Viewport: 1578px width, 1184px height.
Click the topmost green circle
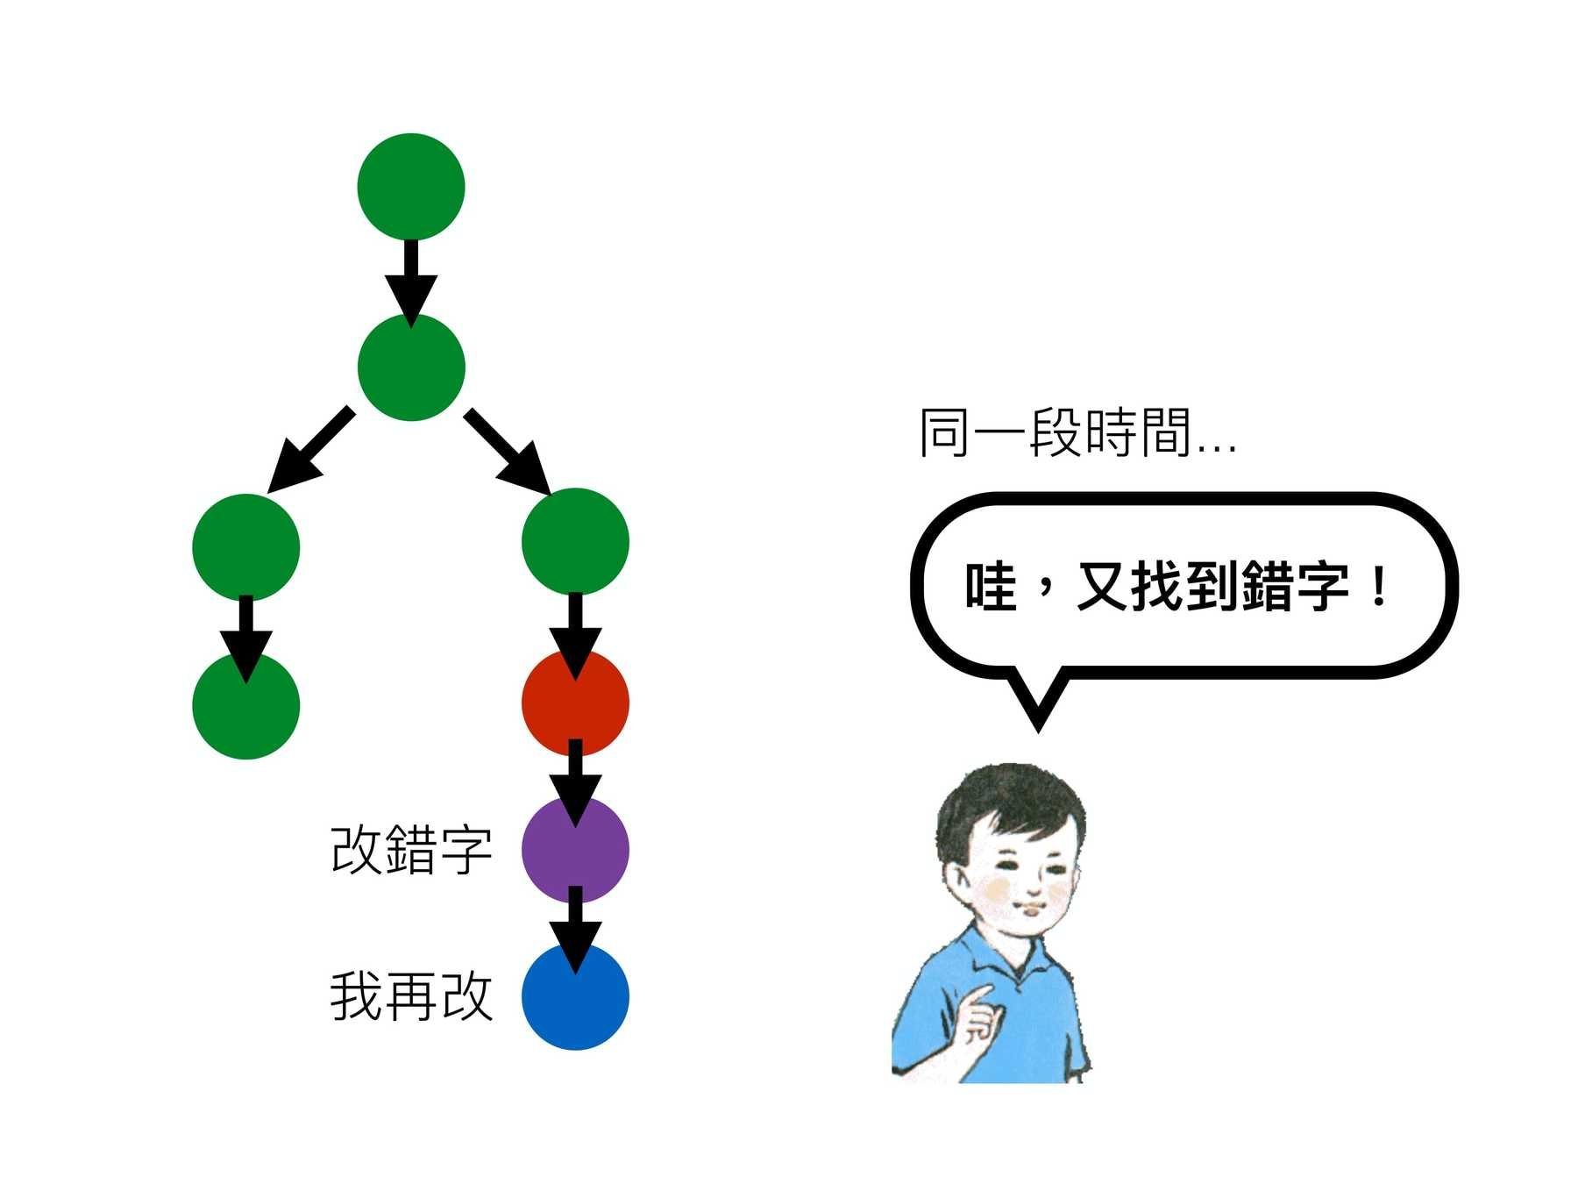(410, 186)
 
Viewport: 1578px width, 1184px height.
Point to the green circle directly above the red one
(575, 541)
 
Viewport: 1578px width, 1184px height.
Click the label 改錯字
(410, 849)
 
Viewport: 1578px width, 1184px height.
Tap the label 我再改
(410, 996)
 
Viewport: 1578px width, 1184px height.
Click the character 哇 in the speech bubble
(991, 586)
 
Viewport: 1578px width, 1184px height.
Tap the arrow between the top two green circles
(410, 279)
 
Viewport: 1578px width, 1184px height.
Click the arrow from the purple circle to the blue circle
(575, 930)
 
